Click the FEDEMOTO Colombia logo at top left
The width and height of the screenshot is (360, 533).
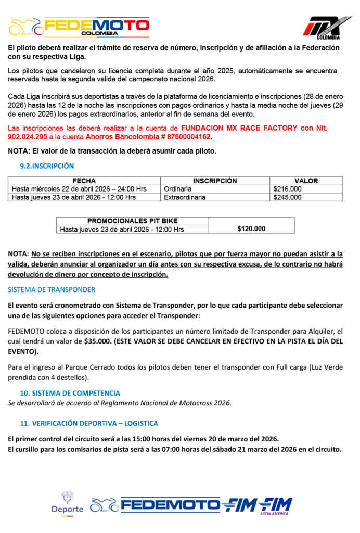(80, 27)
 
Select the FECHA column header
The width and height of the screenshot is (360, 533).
(84, 181)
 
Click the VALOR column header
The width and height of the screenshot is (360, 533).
(306, 181)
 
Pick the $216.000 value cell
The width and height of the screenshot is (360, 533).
(287, 189)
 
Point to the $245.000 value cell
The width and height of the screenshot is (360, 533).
(287, 197)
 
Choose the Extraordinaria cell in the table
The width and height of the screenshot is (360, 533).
(185, 197)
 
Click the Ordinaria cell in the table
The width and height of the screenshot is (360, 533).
(177, 189)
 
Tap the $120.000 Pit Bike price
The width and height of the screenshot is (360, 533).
(251, 229)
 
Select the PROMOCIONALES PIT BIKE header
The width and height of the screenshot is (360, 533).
(132, 221)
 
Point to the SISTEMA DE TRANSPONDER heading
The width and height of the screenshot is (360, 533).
(52, 289)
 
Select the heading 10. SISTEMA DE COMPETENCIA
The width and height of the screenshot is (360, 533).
(70, 393)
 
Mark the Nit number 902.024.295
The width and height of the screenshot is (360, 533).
(27, 137)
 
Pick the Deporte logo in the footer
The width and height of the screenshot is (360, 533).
(67, 503)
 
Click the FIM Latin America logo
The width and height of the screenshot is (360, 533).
(274, 505)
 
